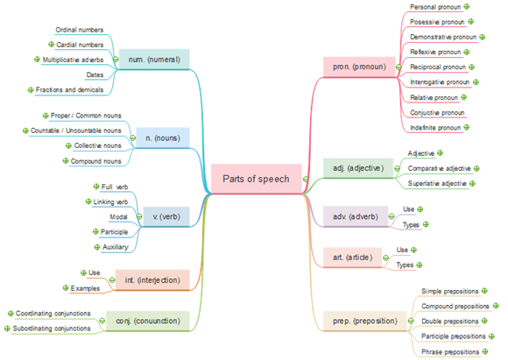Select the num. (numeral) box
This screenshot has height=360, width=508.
pos(159,60)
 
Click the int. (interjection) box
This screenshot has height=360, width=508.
pos(152,280)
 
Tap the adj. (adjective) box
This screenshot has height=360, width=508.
pos(359,167)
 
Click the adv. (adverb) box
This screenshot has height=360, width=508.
pos(356,216)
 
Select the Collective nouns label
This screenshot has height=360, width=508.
pos(97,145)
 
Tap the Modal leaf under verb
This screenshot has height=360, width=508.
pos(119,215)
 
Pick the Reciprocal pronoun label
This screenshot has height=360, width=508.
pos(438,67)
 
